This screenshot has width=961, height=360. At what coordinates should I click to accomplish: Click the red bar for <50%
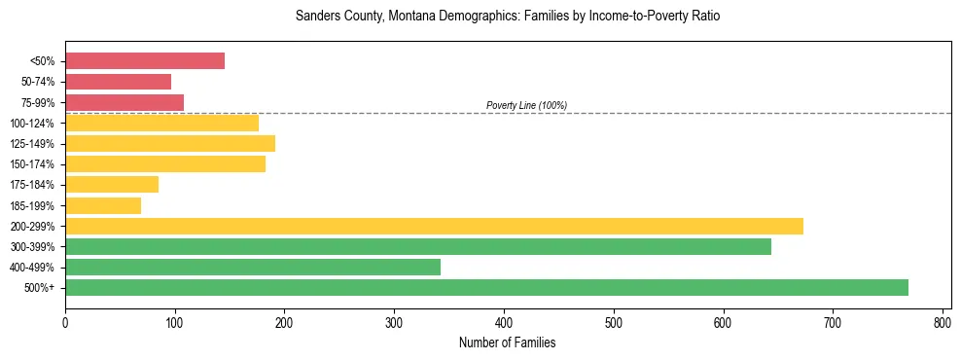(145, 61)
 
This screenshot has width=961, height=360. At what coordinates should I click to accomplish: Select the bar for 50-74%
(118, 82)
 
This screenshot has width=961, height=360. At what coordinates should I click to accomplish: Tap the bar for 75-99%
(125, 102)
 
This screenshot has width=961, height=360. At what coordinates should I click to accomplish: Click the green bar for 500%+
(486, 287)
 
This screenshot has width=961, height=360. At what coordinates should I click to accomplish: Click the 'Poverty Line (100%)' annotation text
(526, 105)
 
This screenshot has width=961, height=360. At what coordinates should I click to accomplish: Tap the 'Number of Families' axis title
(507, 342)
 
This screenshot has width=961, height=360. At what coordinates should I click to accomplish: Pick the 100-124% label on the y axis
(32, 124)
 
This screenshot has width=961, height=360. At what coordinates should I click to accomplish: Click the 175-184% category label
(32, 185)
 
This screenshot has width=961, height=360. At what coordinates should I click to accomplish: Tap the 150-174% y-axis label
(32, 164)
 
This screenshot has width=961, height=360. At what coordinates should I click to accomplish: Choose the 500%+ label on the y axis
(39, 288)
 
